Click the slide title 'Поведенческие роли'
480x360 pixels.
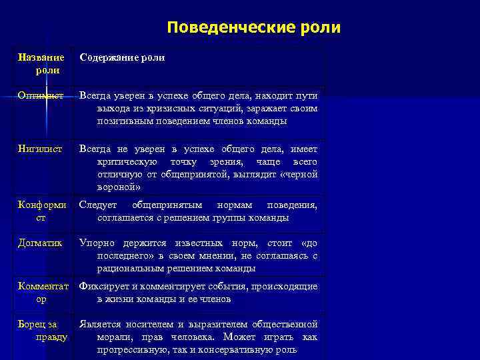click(x=253, y=28)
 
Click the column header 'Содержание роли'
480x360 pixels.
click(x=122, y=58)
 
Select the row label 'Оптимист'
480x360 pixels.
click(x=41, y=96)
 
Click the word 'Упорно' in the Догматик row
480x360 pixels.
click(x=97, y=243)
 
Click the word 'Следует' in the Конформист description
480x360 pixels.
click(x=98, y=205)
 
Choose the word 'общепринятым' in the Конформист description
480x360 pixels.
click(x=165, y=205)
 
